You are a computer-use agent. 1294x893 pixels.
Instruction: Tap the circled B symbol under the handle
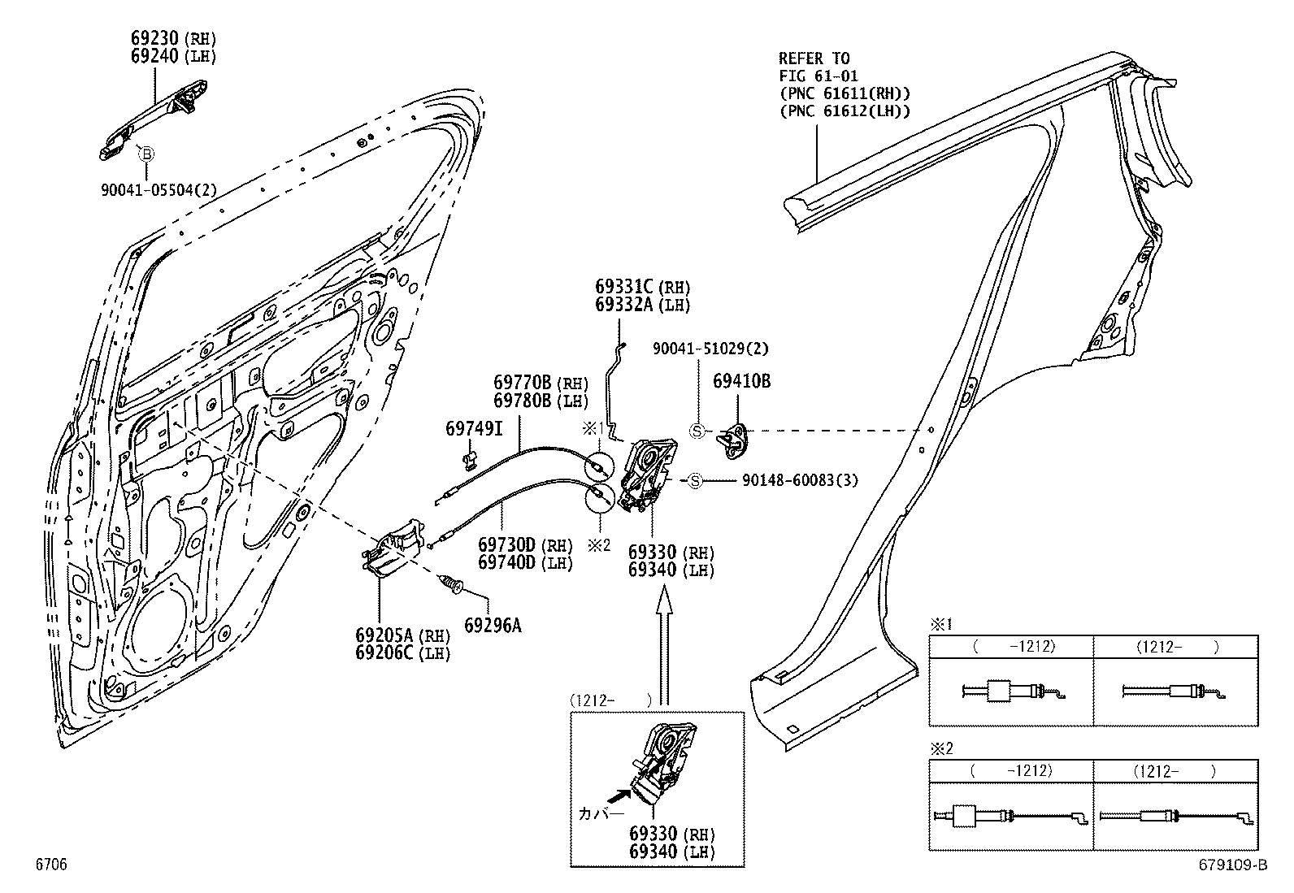click(x=146, y=153)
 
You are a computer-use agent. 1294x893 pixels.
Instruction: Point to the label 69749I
click(x=474, y=427)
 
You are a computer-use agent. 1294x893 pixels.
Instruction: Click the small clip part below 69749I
click(x=469, y=460)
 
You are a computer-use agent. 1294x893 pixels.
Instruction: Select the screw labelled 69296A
click(x=449, y=583)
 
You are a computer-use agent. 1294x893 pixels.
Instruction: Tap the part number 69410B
click(x=741, y=380)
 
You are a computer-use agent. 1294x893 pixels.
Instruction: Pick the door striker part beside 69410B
click(x=732, y=438)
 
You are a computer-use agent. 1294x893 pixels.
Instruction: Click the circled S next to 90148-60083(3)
click(x=695, y=480)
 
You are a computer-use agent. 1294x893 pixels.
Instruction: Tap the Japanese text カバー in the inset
click(x=601, y=813)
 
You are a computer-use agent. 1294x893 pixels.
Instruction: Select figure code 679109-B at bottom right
click(x=1231, y=865)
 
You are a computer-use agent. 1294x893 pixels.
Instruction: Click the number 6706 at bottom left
click(x=50, y=865)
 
